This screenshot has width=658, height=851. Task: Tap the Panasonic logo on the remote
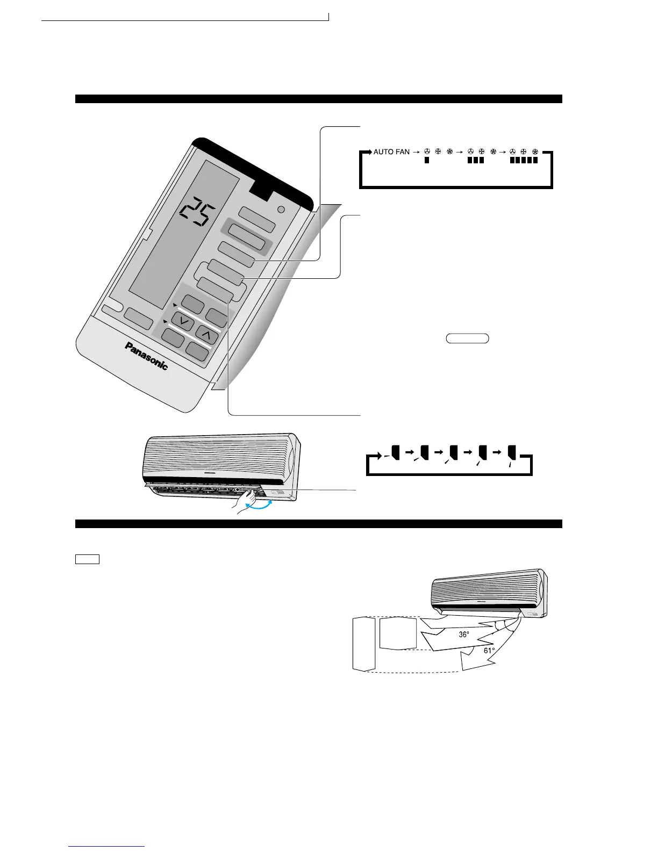coord(146,356)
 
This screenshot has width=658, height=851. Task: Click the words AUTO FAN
coord(391,152)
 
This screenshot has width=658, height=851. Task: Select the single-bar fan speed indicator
coord(427,160)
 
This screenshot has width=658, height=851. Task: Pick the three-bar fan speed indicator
coord(475,160)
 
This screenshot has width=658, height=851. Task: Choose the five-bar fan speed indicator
coord(524,160)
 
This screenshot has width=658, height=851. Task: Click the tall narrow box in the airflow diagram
coord(363,643)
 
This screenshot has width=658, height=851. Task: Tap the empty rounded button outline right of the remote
coord(467,338)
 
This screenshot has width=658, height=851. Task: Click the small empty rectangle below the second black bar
coord(87,559)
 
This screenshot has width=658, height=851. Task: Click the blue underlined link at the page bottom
coord(107,846)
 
